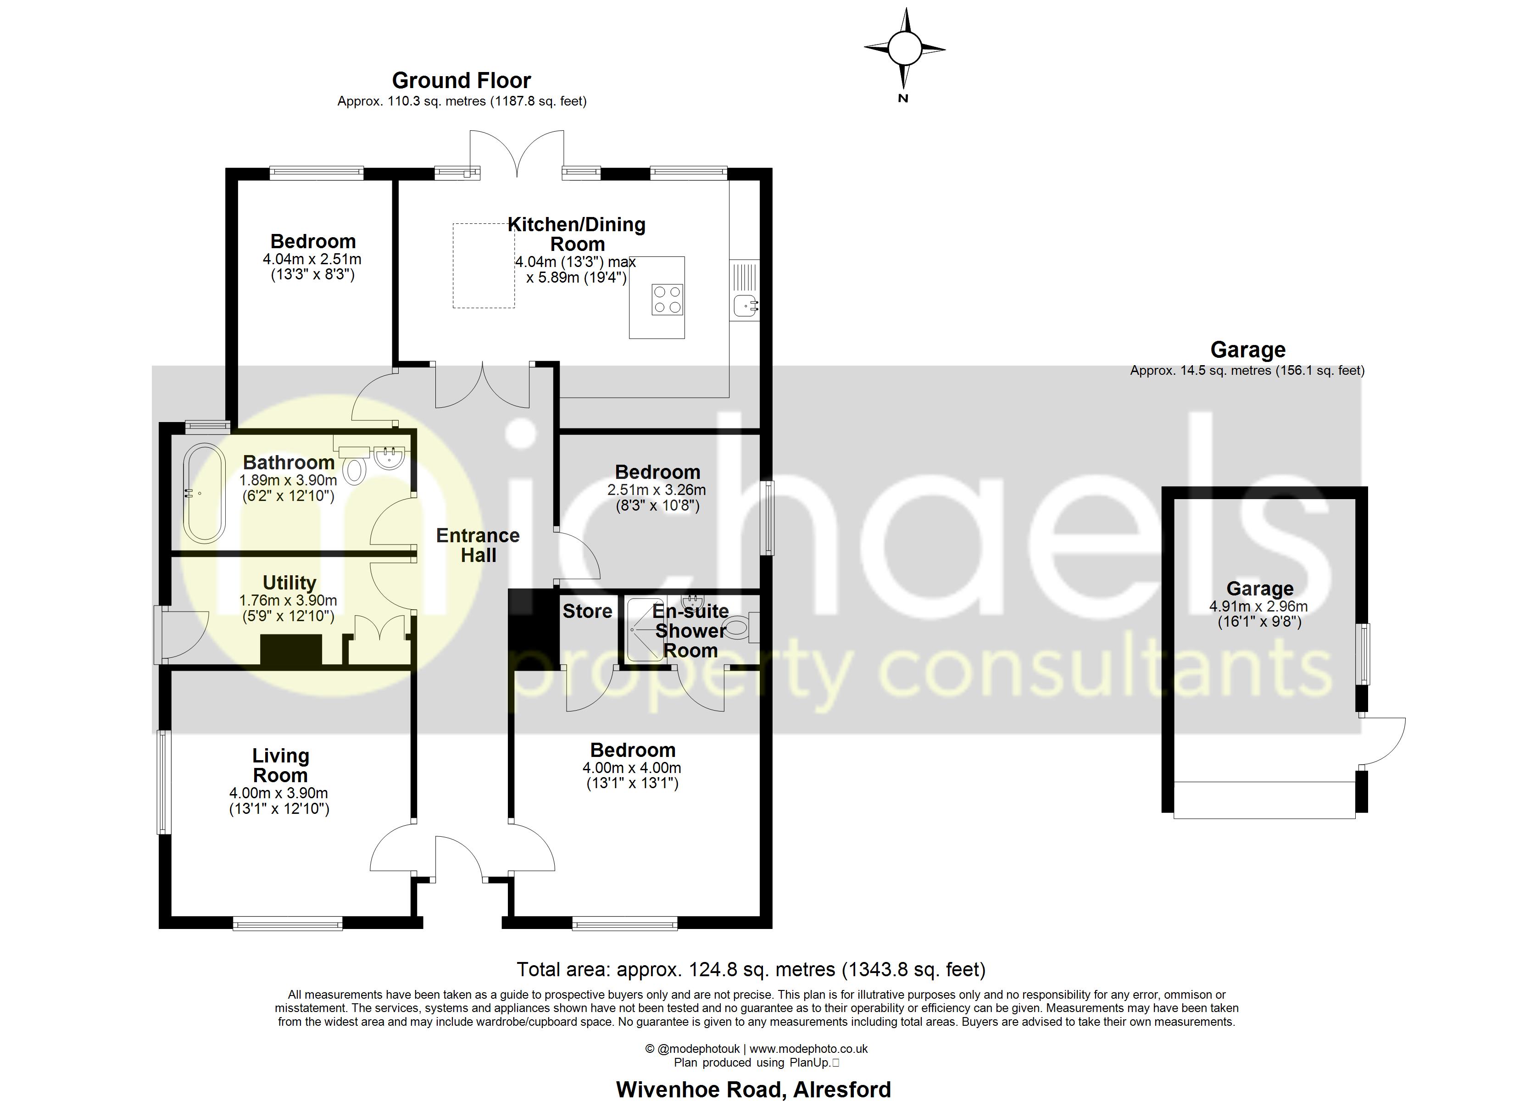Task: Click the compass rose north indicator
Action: coord(905,49)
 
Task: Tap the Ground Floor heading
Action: coord(461,81)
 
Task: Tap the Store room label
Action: coord(587,611)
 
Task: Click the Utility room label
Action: coord(289,583)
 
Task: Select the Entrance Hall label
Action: coord(478,545)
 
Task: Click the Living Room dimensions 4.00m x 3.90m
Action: coord(278,793)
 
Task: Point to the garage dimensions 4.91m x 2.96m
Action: coord(1258,607)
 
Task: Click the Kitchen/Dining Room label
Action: coord(577,234)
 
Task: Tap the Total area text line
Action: coord(751,969)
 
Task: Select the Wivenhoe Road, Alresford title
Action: coord(753,1089)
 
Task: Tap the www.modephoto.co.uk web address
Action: coord(808,1049)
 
